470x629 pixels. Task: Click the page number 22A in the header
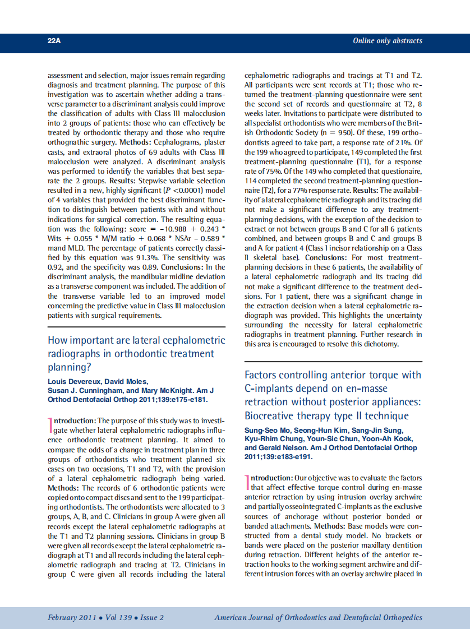54,41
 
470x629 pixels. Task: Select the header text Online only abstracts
387,41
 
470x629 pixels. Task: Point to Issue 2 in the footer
152,617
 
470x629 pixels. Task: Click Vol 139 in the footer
119,617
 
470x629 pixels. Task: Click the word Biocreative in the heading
272,416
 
